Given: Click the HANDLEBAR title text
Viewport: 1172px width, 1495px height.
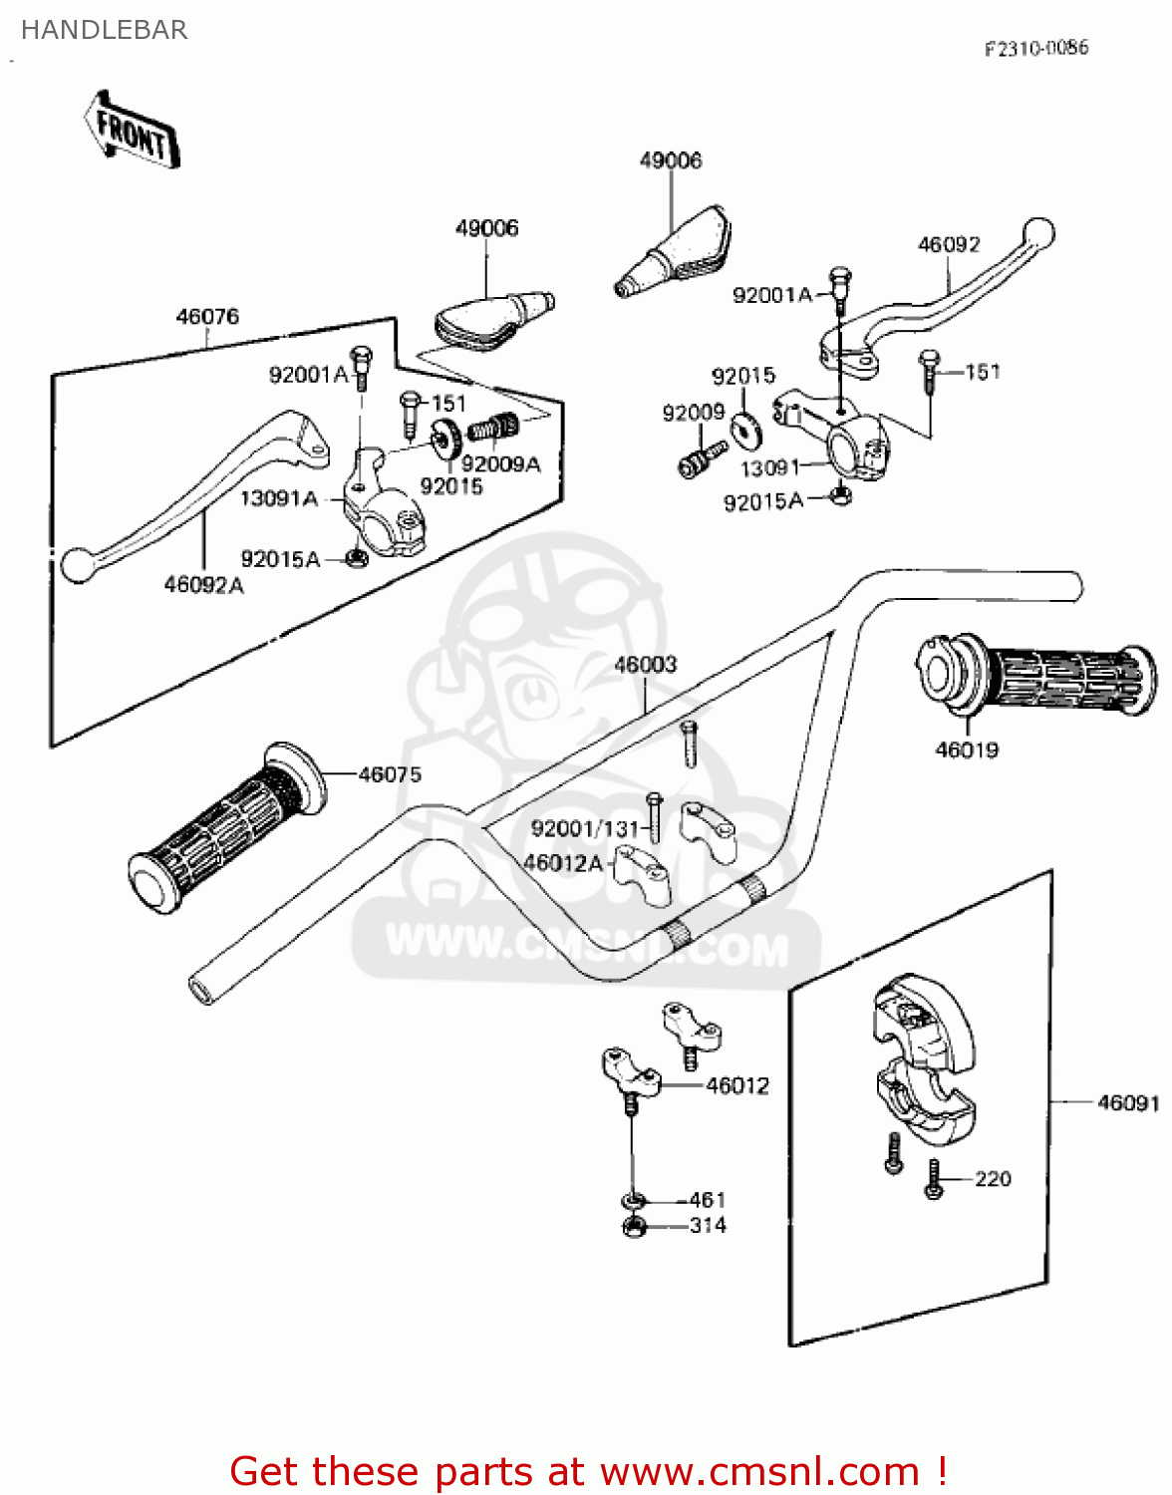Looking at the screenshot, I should (104, 31).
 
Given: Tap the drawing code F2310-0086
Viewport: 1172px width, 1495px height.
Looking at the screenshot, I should (1035, 48).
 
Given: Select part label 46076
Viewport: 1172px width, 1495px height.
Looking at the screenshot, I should (207, 317).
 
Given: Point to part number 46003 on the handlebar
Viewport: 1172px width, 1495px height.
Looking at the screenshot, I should (645, 665).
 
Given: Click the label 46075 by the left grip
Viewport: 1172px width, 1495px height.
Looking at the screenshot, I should (390, 774).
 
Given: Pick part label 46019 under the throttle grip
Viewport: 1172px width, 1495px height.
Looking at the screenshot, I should (966, 749).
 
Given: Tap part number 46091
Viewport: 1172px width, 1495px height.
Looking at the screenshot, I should (1128, 1102).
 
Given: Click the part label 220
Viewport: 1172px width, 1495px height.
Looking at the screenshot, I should (993, 1179).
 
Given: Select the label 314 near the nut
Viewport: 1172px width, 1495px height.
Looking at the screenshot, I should (708, 1226).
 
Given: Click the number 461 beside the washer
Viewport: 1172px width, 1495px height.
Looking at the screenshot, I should (708, 1200).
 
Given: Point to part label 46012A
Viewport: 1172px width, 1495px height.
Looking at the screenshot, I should (563, 863).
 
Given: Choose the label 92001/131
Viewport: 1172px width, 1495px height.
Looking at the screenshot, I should (584, 829).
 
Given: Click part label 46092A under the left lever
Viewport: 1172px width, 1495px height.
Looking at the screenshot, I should (203, 585).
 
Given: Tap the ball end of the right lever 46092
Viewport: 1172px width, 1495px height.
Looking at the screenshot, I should (1038, 232).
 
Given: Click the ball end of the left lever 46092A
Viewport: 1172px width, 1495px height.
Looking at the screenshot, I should (76, 564).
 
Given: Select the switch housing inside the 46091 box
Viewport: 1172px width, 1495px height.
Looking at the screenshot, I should (923, 1061).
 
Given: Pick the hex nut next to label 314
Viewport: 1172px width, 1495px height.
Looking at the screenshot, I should (635, 1227).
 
